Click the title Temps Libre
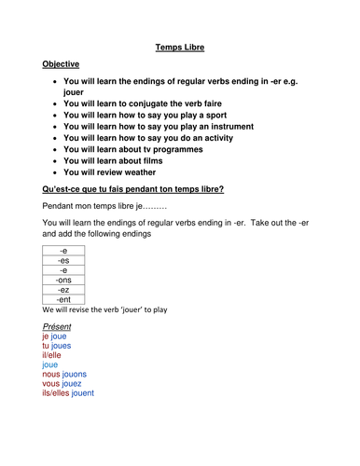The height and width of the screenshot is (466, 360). (179, 44)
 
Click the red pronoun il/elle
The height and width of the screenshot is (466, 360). (56, 352)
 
